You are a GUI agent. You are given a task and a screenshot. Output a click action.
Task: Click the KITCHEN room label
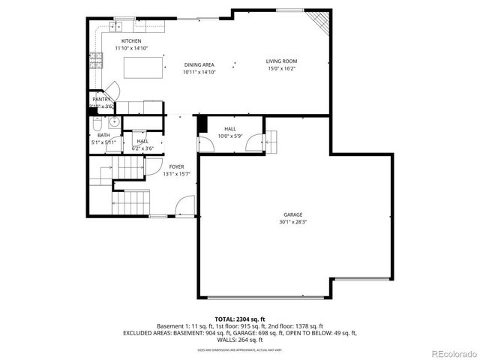[x=132, y=41]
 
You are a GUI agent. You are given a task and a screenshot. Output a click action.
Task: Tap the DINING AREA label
[x=199, y=65]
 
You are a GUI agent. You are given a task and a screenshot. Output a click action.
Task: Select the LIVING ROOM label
[x=281, y=61]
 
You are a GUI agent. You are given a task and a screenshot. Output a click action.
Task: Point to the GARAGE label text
[x=292, y=214]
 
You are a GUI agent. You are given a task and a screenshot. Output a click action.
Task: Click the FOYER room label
[x=176, y=166]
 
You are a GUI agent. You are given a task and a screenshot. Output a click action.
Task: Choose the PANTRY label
[x=101, y=99]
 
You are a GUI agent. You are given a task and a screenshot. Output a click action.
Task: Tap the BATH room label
[x=103, y=135]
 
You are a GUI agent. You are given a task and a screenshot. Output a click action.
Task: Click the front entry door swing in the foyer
[x=185, y=205]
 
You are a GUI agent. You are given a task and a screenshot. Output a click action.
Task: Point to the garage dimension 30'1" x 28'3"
[x=292, y=222]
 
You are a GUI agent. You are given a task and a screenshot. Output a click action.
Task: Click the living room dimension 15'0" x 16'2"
[x=281, y=68]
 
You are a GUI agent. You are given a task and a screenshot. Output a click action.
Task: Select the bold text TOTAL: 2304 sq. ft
[x=239, y=319]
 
